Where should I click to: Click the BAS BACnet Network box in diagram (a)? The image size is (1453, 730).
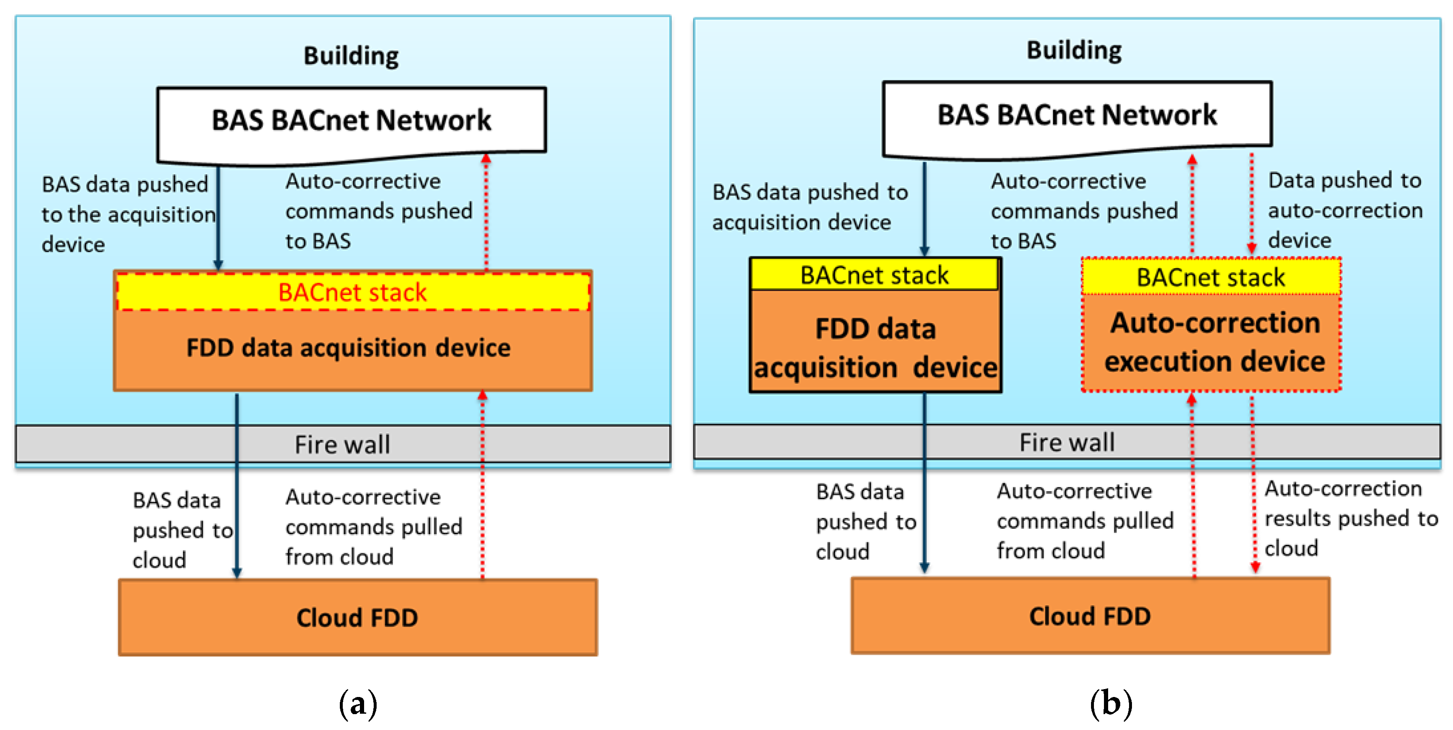coord(352,125)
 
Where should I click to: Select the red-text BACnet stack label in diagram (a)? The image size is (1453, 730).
coord(352,292)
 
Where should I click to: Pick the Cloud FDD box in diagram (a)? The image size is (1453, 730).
coord(358,617)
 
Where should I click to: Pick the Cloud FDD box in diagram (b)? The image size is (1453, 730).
coord(1090,616)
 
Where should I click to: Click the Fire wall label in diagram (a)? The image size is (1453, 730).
coord(342,444)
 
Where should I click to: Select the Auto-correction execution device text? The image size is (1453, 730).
coord(1214,342)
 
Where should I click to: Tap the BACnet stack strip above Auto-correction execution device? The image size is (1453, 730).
coord(1211,277)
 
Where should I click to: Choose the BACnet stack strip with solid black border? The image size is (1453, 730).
coord(875,274)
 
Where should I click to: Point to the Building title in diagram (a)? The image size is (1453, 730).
coord(351,56)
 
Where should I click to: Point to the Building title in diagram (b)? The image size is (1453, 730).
coord(1074,50)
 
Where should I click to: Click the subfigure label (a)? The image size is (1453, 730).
coord(358,704)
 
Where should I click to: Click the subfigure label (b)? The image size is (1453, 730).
coord(1111,704)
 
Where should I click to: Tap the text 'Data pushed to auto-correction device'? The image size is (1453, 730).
coord(1345,210)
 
